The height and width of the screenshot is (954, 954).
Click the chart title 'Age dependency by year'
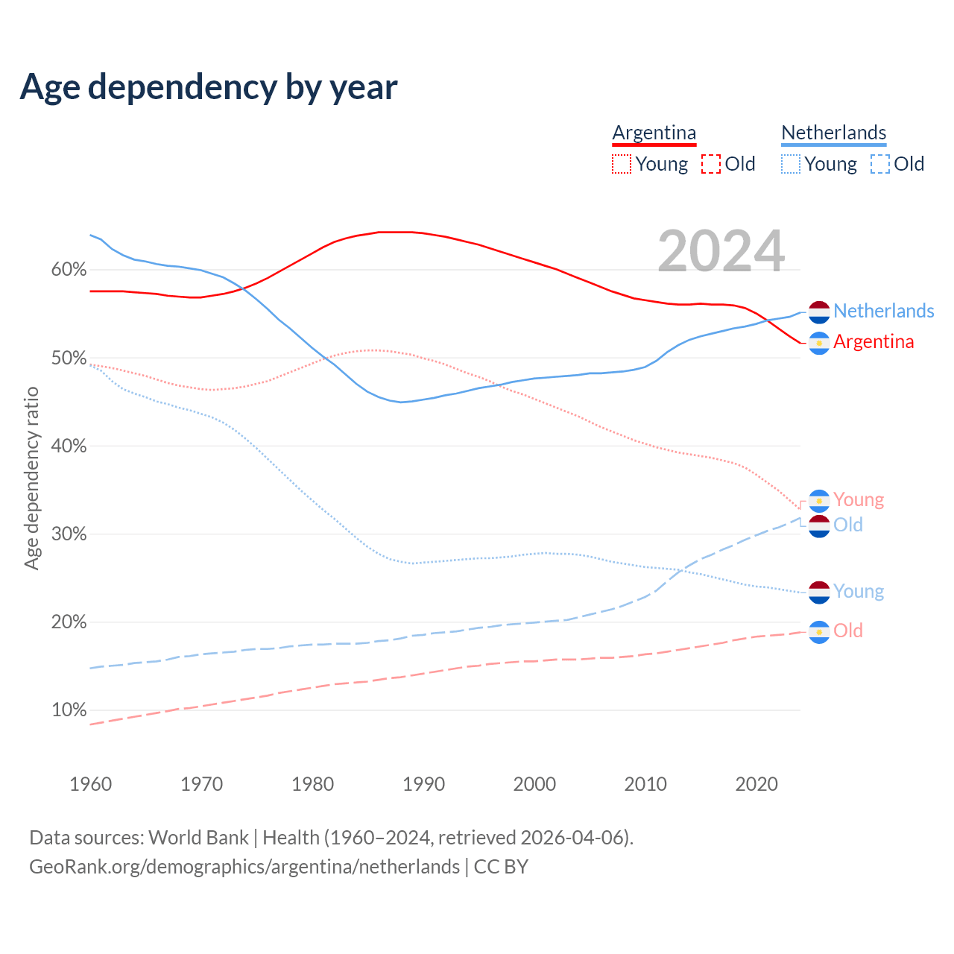point(209,86)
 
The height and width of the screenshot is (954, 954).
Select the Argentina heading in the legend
point(654,133)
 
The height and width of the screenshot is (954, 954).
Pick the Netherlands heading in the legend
point(833,133)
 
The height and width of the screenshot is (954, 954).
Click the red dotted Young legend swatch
point(621,164)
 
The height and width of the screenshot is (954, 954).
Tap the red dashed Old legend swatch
point(711,164)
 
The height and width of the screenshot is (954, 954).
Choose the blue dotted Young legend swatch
point(791,164)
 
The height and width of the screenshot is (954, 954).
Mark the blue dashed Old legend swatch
point(880,164)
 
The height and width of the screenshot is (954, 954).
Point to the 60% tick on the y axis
point(69,270)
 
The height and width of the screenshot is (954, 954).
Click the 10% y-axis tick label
point(69,710)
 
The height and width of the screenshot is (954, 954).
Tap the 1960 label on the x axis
point(90,784)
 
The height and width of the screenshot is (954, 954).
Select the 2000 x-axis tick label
point(534,784)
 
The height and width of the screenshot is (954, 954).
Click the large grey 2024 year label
point(721,251)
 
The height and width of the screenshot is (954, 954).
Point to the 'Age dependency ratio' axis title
point(31,478)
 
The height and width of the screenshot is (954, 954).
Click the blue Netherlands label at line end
point(883,311)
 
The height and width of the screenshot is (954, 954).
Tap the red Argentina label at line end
point(874,341)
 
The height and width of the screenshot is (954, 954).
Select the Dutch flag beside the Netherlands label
point(819,312)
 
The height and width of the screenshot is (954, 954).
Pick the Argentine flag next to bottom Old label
point(819,632)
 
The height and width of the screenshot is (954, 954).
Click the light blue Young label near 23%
point(859,591)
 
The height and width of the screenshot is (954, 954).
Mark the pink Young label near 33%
point(859,499)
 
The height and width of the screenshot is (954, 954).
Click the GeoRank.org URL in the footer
point(244,867)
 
